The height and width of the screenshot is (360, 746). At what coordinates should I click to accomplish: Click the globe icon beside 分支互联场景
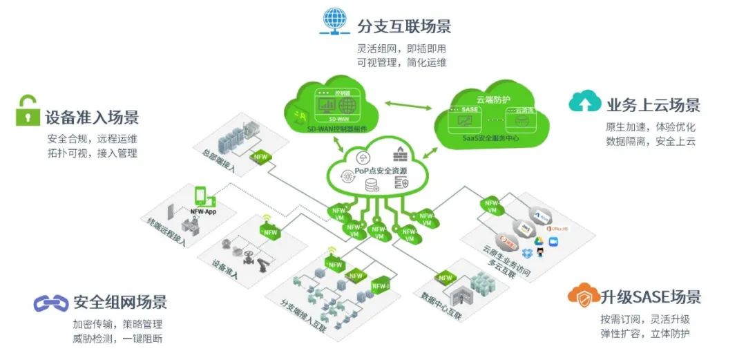point(334,21)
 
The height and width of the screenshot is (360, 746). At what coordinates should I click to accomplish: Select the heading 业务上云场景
point(653,105)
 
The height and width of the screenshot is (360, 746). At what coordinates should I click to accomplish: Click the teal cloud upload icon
point(584,103)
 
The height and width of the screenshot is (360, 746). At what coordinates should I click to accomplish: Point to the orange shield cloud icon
point(583,296)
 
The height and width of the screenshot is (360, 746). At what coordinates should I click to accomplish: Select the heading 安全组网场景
point(120,302)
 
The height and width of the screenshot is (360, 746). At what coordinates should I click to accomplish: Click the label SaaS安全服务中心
point(491,138)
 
